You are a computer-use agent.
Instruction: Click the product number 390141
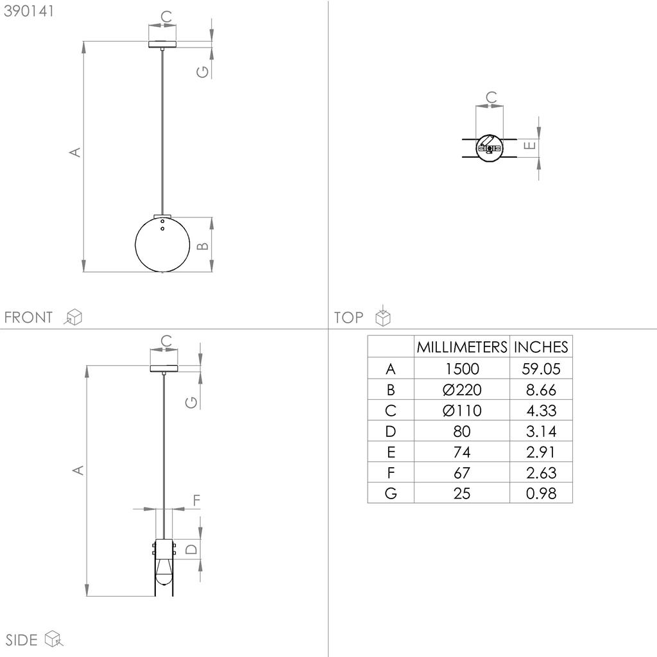29,12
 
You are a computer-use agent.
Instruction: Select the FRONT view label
28,317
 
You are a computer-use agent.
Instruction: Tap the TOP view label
348,317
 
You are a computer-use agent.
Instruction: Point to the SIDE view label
21,640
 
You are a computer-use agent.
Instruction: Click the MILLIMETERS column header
462,347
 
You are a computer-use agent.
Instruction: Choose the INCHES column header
541,347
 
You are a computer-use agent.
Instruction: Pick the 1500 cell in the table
462,369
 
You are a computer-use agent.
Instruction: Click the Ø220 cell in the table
462,389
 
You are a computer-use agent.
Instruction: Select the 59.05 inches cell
541,369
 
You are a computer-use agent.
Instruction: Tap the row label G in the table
391,493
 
